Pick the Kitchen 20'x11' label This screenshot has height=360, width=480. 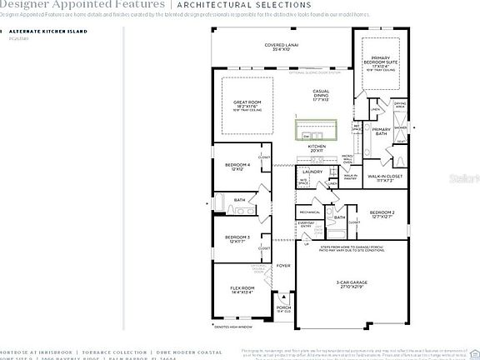[x=317, y=148]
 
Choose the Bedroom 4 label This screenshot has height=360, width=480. [x=237, y=167]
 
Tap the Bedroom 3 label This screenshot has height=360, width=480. [x=237, y=239]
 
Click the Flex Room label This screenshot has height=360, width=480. [x=238, y=290]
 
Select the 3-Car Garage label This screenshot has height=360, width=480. [x=353, y=286]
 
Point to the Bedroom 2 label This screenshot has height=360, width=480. [x=382, y=215]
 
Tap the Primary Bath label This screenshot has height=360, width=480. [x=381, y=132]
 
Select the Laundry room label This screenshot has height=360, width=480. [x=312, y=172]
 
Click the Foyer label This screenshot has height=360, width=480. [x=284, y=267]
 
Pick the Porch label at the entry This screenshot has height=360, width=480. [x=284, y=308]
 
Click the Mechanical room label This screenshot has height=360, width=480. [x=310, y=212]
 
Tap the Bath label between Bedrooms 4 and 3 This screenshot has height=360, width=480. [x=239, y=200]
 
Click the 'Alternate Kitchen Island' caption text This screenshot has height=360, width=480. [x=38, y=30]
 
